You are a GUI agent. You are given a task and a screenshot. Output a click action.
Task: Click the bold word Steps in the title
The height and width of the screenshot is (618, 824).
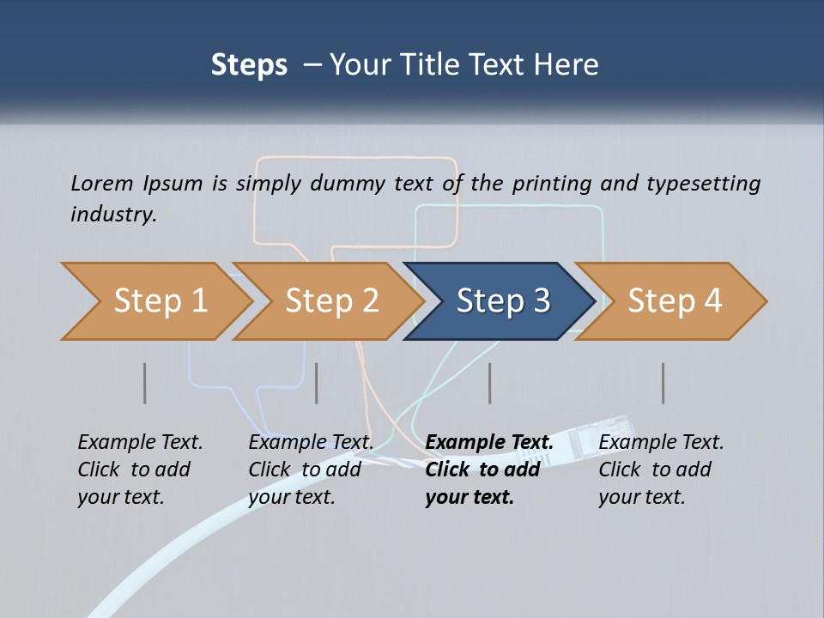(249, 65)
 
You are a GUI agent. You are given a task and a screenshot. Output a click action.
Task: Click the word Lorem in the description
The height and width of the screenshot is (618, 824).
(101, 183)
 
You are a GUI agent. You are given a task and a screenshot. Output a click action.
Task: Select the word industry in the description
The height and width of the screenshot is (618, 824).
(113, 214)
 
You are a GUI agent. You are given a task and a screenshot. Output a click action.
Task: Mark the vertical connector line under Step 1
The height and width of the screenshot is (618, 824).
(145, 383)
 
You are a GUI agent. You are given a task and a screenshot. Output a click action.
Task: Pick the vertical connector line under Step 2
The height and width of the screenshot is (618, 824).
(317, 383)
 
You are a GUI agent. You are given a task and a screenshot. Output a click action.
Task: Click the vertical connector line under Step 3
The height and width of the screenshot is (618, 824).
(490, 383)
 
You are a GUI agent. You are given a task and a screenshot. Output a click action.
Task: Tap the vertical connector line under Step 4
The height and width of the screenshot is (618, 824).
(663, 383)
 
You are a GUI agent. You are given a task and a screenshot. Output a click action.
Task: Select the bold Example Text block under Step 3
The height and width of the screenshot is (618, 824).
(488, 470)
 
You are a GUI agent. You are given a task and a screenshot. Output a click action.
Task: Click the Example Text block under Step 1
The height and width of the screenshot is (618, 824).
(140, 470)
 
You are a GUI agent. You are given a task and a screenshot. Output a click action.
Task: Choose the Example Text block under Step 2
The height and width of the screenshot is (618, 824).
(311, 470)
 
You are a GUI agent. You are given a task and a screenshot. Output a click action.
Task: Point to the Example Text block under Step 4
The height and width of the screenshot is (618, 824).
(661, 470)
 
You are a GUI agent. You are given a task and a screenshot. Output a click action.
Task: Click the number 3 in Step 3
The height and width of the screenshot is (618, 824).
(541, 301)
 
